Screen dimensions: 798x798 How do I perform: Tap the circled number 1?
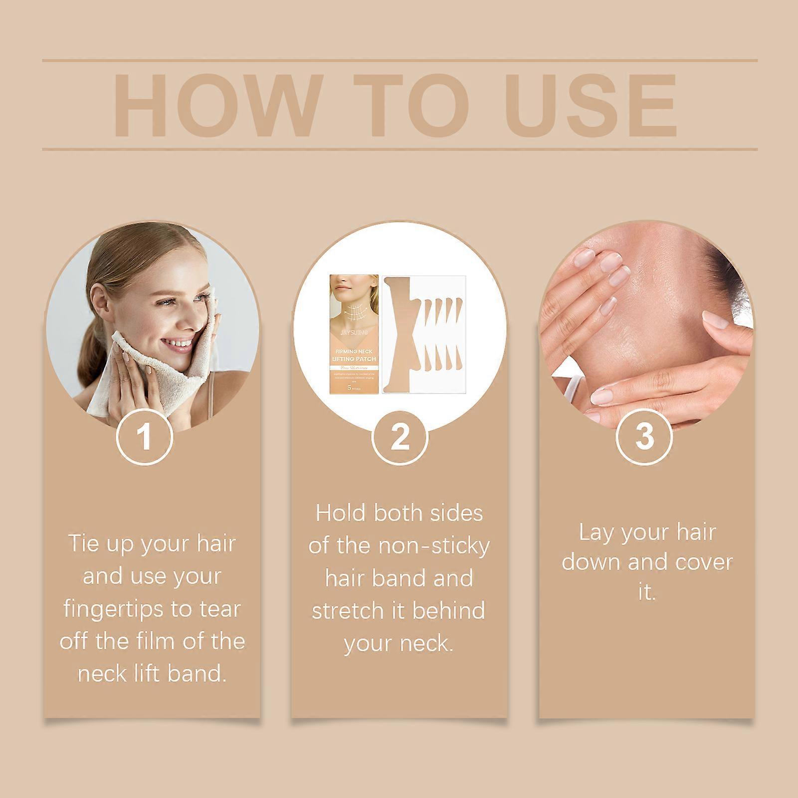[145, 436]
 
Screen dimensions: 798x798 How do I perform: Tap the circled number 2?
[399, 436]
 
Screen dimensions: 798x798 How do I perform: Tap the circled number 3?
[644, 436]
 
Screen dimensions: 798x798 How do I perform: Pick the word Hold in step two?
[341, 514]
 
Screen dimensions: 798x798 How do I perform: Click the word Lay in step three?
[594, 533]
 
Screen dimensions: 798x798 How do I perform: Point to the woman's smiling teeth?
[181, 345]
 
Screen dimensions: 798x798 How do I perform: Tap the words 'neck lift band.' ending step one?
[152, 674]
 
